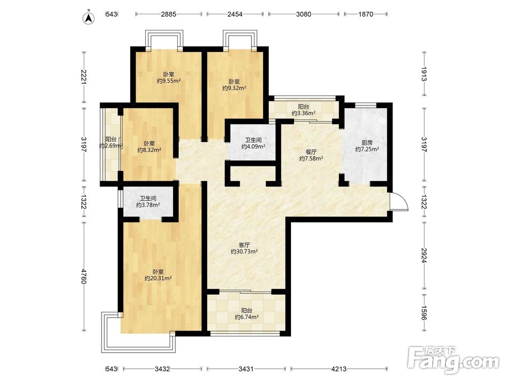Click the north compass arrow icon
pos(88,18)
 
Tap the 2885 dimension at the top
pos(169,14)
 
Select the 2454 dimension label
pos(235,14)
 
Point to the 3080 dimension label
pos(304,14)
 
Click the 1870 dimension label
pos(366,14)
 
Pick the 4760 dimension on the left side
pos(84,276)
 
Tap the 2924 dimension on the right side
pos(424,256)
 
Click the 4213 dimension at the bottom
pos(339,369)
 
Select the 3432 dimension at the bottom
pos(163,369)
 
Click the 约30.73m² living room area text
pos(244,251)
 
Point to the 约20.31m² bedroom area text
pos(158,278)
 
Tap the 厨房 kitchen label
pos(367,143)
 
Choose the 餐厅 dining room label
pos(311,152)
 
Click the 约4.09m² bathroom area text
pos(253,146)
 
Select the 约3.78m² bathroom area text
pos(148,205)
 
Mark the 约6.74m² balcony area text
pos(246,317)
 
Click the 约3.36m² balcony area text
pos(304,113)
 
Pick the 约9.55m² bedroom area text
pos(169,81)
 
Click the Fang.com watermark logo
pos(454,360)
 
